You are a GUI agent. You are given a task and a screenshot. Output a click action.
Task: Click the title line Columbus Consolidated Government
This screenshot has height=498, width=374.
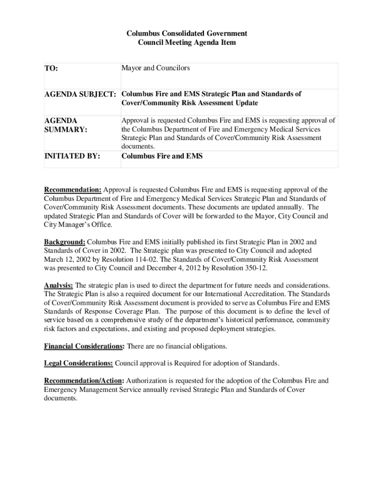tap(187, 33)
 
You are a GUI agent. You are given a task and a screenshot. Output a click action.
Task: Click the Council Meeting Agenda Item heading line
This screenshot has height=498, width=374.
tap(187, 42)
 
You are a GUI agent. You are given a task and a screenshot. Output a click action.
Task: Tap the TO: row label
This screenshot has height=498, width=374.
tap(51, 69)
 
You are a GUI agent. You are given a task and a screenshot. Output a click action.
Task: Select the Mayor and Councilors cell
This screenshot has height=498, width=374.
tap(155, 68)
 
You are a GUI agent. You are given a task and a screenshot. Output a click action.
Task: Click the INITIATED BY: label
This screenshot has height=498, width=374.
tap(72, 156)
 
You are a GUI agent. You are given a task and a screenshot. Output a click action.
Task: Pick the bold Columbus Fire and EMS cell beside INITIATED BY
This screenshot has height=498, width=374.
tap(162, 156)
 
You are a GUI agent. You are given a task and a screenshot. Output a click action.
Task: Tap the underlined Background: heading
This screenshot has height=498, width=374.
tap(65, 242)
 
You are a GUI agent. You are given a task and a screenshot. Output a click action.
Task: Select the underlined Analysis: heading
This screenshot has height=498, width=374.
tap(58, 285)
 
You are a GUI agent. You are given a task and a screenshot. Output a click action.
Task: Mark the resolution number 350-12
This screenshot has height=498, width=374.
tap(255, 268)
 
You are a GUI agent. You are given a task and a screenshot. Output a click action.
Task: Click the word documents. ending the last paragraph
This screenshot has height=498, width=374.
tap(61, 398)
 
